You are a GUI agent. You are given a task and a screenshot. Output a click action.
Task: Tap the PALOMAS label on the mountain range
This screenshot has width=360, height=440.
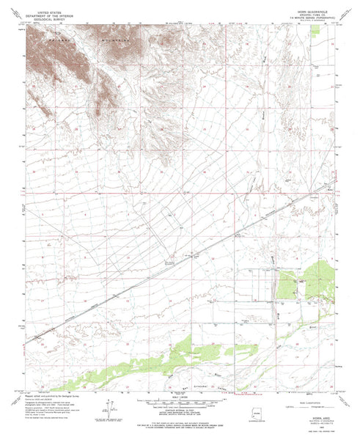pos(55,34)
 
